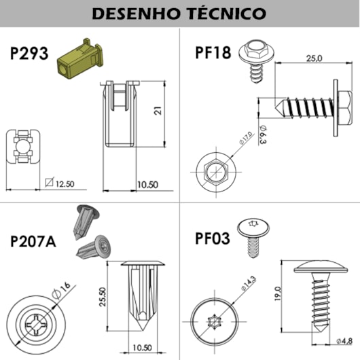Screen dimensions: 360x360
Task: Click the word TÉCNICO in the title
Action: point(226,13)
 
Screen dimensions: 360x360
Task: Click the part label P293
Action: point(29,53)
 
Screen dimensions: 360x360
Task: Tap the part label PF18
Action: point(213,52)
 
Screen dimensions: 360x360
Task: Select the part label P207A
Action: point(33,242)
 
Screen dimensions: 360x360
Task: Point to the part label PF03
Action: point(213,238)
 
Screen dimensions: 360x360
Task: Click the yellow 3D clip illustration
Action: point(79,59)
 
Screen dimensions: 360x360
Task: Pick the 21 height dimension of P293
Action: point(158,111)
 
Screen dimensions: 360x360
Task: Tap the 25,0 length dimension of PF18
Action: point(314,58)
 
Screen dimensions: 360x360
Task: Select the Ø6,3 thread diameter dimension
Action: point(263,134)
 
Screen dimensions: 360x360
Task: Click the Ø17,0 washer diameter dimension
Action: point(246,137)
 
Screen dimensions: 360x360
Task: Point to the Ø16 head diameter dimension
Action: point(61,291)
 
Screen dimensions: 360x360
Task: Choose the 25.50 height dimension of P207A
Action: point(103,297)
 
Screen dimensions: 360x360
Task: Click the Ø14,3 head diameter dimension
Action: point(248,283)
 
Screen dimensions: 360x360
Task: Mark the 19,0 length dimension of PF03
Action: point(277,293)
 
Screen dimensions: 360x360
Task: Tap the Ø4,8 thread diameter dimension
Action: point(344,341)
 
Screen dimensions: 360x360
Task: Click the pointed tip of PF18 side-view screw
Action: point(276,107)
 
